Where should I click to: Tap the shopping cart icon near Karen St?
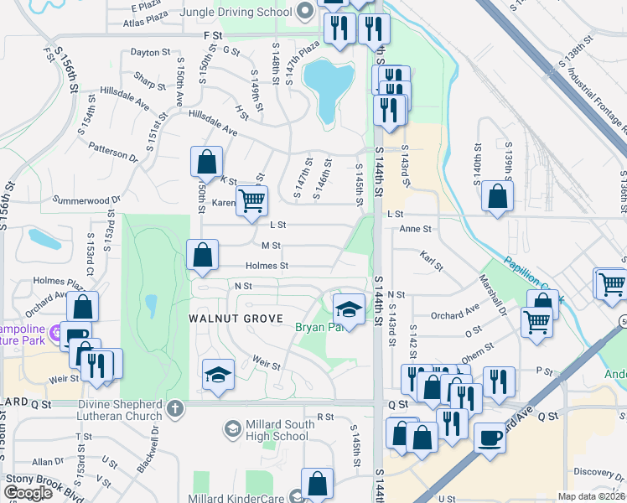[x=251, y=201]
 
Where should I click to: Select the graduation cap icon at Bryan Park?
[x=349, y=307]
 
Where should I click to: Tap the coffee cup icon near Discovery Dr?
[x=490, y=437]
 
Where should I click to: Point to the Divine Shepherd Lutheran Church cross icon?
[x=174, y=409]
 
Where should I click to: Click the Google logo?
[x=28, y=493]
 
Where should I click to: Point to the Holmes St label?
[x=267, y=266]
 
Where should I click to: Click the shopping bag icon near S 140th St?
[x=498, y=197]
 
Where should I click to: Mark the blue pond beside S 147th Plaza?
[x=329, y=82]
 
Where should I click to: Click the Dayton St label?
[x=151, y=52]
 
